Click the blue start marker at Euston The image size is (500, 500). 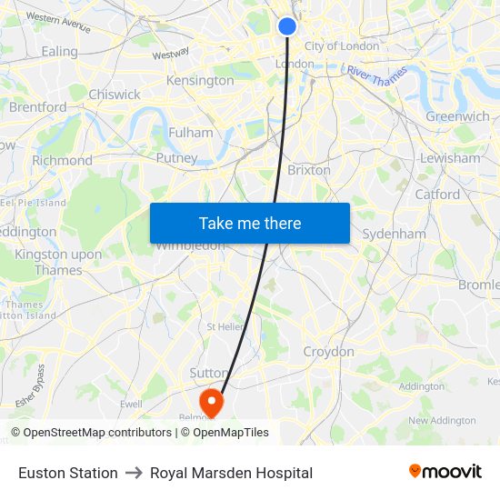pyautogui.click(x=286, y=26)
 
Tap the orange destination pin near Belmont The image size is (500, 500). pyautogui.click(x=212, y=401)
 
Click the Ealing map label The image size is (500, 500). pyautogui.click(x=60, y=52)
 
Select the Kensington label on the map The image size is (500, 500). pyautogui.click(x=200, y=81)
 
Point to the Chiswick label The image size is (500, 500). pyautogui.click(x=115, y=95)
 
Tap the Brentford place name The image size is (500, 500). pyautogui.click(x=37, y=107)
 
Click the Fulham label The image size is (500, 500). pyautogui.click(x=191, y=133)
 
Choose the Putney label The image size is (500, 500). pyautogui.click(x=176, y=158)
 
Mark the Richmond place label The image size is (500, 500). pyautogui.click(x=62, y=161)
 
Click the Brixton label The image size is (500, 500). pyautogui.click(x=308, y=170)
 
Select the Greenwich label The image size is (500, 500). pyautogui.click(x=457, y=116)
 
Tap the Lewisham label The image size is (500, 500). pyautogui.click(x=450, y=158)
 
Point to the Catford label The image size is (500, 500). pyautogui.click(x=437, y=195)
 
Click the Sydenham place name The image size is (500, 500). pyautogui.click(x=394, y=234)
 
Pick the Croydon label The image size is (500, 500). pyautogui.click(x=328, y=352)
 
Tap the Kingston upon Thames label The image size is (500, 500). pyautogui.click(x=48, y=263)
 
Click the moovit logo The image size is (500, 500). pyautogui.click(x=445, y=472)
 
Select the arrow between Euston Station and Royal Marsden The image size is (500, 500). pyautogui.click(x=134, y=473)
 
